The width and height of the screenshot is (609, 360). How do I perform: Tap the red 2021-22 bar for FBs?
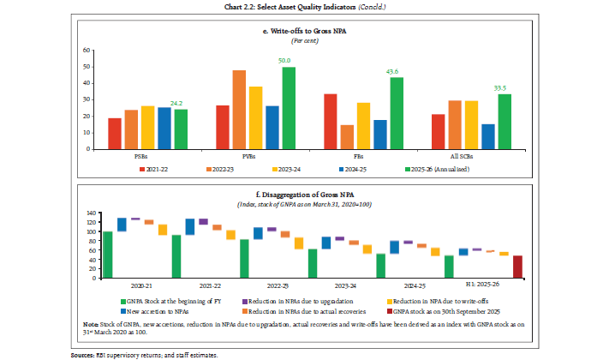point(331,121)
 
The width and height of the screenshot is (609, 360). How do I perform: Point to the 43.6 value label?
point(397,71)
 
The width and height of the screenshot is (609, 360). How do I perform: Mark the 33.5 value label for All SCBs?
point(505,88)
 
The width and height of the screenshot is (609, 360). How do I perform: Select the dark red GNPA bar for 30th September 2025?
point(517,267)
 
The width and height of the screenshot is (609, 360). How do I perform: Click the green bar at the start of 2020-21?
point(108,255)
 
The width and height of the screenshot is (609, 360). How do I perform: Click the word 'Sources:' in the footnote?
point(85,354)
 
